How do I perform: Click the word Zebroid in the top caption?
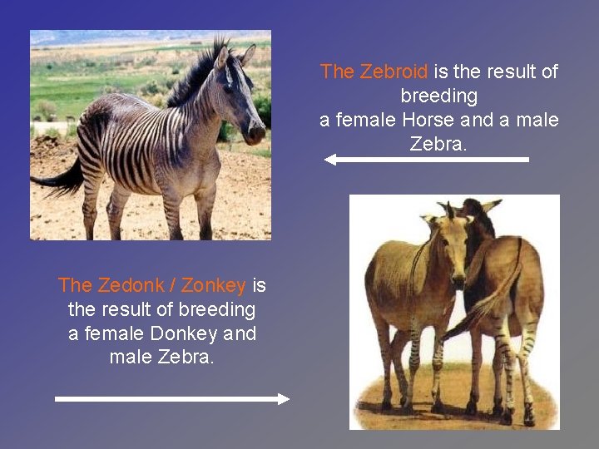(x=394, y=72)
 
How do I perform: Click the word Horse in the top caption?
(x=428, y=120)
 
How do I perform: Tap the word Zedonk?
(x=130, y=285)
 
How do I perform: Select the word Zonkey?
(x=213, y=285)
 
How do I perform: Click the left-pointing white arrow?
(x=426, y=159)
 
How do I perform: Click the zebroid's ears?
(x=235, y=56)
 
